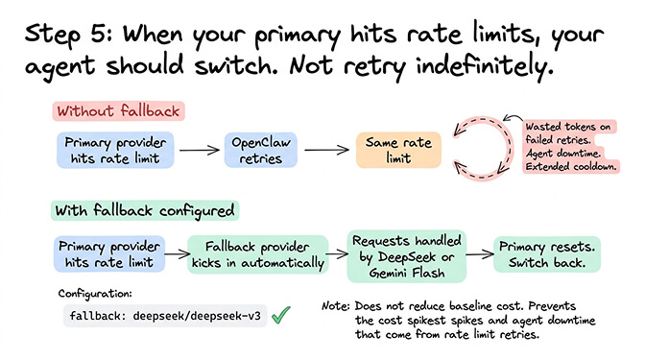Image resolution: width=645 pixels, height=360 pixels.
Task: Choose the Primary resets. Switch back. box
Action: pyautogui.click(x=547, y=253)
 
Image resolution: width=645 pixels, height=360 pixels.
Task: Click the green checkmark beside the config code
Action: pyautogui.click(x=281, y=314)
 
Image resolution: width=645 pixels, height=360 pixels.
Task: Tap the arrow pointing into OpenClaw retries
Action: pyautogui.click(x=198, y=151)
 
